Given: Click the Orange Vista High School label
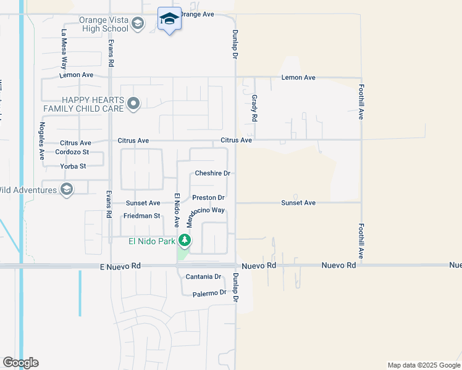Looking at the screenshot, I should point(103,24).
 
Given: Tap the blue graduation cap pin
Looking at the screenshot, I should point(169,20).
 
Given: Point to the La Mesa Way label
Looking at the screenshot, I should point(63,47).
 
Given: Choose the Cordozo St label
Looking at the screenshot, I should point(72,152).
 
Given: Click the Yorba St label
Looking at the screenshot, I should point(73,166).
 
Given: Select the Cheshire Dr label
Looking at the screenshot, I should point(212,173).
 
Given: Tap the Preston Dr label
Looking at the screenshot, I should point(208,197).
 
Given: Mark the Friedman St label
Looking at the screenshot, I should point(141,216).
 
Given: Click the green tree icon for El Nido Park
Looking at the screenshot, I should point(184,240).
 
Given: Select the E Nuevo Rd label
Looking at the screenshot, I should point(120,266).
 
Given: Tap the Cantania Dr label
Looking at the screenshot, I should point(203,277).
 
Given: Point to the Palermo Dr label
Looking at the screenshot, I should point(209,293).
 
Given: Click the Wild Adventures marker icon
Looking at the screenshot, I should point(67,189).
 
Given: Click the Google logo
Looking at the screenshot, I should point(20,363).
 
